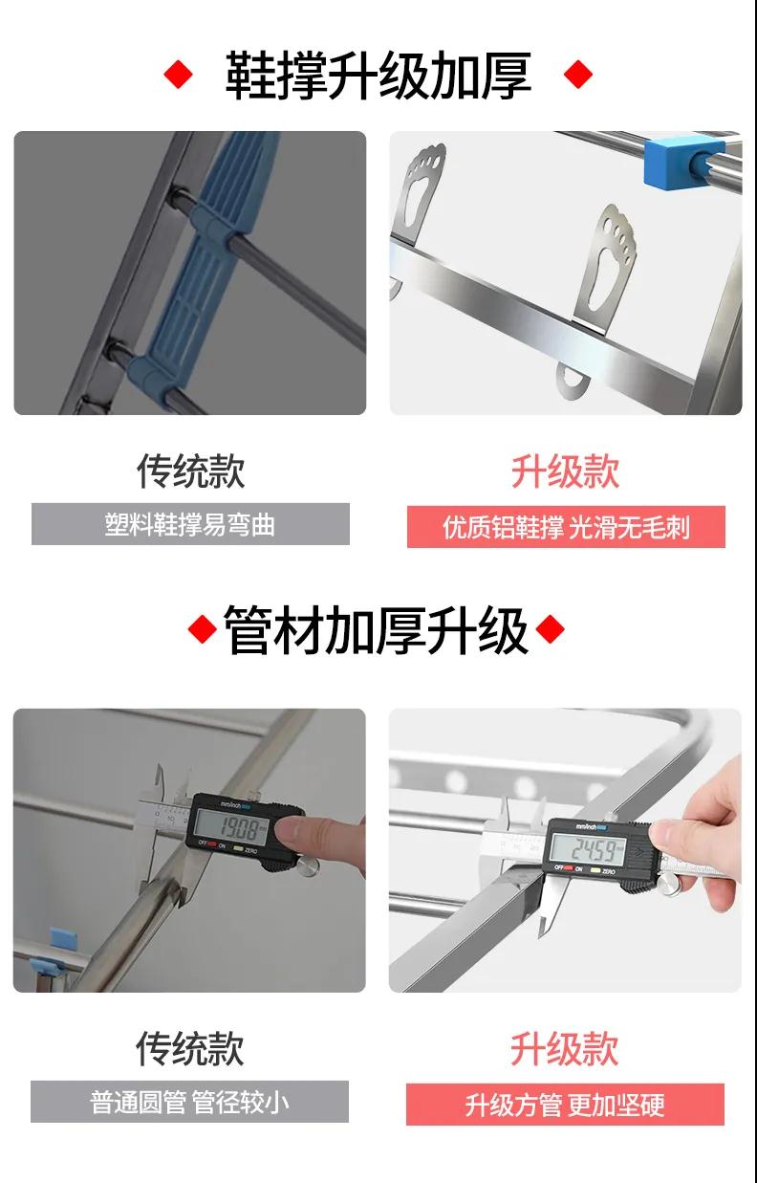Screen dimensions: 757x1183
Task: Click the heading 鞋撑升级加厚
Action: (378, 75)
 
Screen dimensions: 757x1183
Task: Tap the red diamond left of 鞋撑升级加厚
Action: (179, 75)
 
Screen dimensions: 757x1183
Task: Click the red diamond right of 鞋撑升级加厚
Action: (578, 75)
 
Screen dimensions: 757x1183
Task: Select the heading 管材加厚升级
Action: (376, 630)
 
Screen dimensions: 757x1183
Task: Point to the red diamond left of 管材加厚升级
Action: (203, 629)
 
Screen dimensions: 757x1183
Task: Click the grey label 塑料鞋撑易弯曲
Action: (190, 524)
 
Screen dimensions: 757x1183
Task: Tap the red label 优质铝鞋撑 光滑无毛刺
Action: (566, 527)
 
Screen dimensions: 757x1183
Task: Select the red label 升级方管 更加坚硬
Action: (565, 1105)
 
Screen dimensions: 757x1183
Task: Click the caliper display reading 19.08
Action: (231, 828)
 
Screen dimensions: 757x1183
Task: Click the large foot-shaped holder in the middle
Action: (604, 270)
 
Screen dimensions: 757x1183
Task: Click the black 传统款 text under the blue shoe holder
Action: (190, 471)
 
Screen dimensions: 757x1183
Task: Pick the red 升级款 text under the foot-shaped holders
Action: (566, 471)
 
